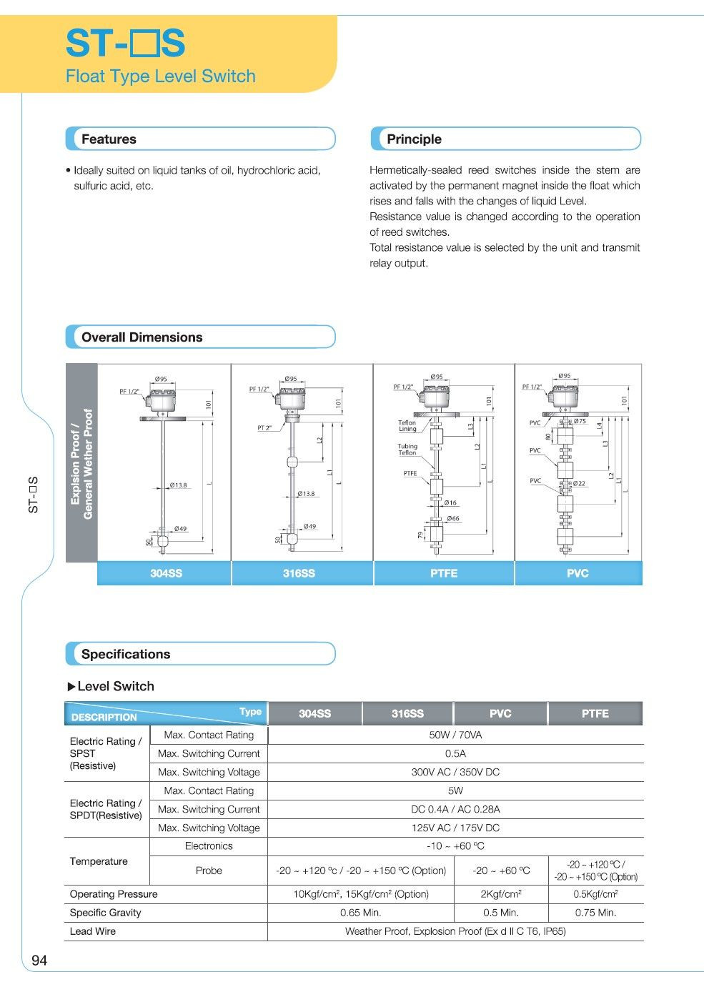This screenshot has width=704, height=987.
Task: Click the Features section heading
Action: (x=109, y=139)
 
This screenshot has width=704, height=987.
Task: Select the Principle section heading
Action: (x=414, y=139)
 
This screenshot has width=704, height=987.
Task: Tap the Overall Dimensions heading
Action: (x=142, y=337)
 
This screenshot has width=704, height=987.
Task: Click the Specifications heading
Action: (x=126, y=654)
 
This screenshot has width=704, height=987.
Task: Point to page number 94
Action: (x=39, y=961)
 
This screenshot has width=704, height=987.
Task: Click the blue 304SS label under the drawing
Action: (x=166, y=573)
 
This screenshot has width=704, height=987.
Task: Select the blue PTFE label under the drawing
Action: (x=443, y=573)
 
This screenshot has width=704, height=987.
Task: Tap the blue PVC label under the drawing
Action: (x=577, y=573)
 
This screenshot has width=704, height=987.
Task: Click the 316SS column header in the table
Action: (x=407, y=713)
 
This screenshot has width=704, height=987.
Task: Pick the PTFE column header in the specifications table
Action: (x=595, y=713)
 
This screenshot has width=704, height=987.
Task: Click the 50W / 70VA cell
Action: (x=455, y=735)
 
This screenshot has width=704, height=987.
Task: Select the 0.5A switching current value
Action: (x=455, y=753)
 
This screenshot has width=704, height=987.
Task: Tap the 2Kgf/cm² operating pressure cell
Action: (x=500, y=894)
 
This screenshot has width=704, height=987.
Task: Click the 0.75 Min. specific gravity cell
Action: (x=595, y=913)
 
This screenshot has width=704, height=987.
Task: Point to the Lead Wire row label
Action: (x=93, y=931)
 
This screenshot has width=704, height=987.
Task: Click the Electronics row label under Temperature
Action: (x=209, y=846)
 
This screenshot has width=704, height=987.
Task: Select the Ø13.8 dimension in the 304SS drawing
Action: (x=178, y=485)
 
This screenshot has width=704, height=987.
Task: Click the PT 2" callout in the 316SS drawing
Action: (x=264, y=427)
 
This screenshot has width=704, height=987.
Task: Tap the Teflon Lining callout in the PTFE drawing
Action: (x=407, y=426)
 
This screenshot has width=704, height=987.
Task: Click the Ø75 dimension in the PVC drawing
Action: (x=580, y=421)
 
